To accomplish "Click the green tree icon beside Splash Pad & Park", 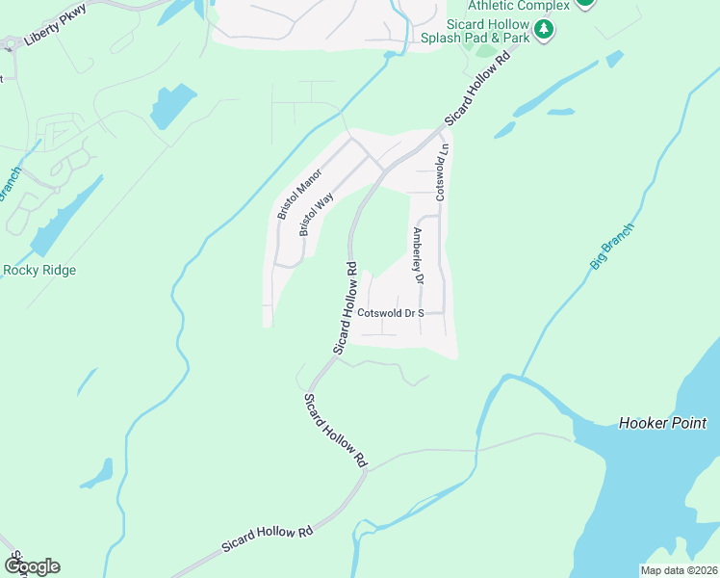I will (545, 30).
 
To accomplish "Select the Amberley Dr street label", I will (418, 256).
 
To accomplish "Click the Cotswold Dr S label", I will (391, 313).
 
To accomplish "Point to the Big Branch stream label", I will (612, 245).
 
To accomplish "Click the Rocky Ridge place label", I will (39, 270).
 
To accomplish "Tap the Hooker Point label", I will (662, 423).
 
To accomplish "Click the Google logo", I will (32, 566).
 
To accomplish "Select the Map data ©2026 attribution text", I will (679, 569).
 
